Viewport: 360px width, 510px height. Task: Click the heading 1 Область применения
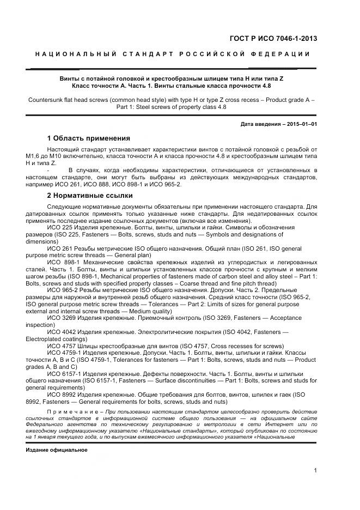coord(88,138)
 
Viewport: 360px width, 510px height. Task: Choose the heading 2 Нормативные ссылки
coord(89,196)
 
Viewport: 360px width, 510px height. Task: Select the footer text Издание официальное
coord(56,451)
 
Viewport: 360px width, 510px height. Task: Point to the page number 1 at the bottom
coord(315,471)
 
